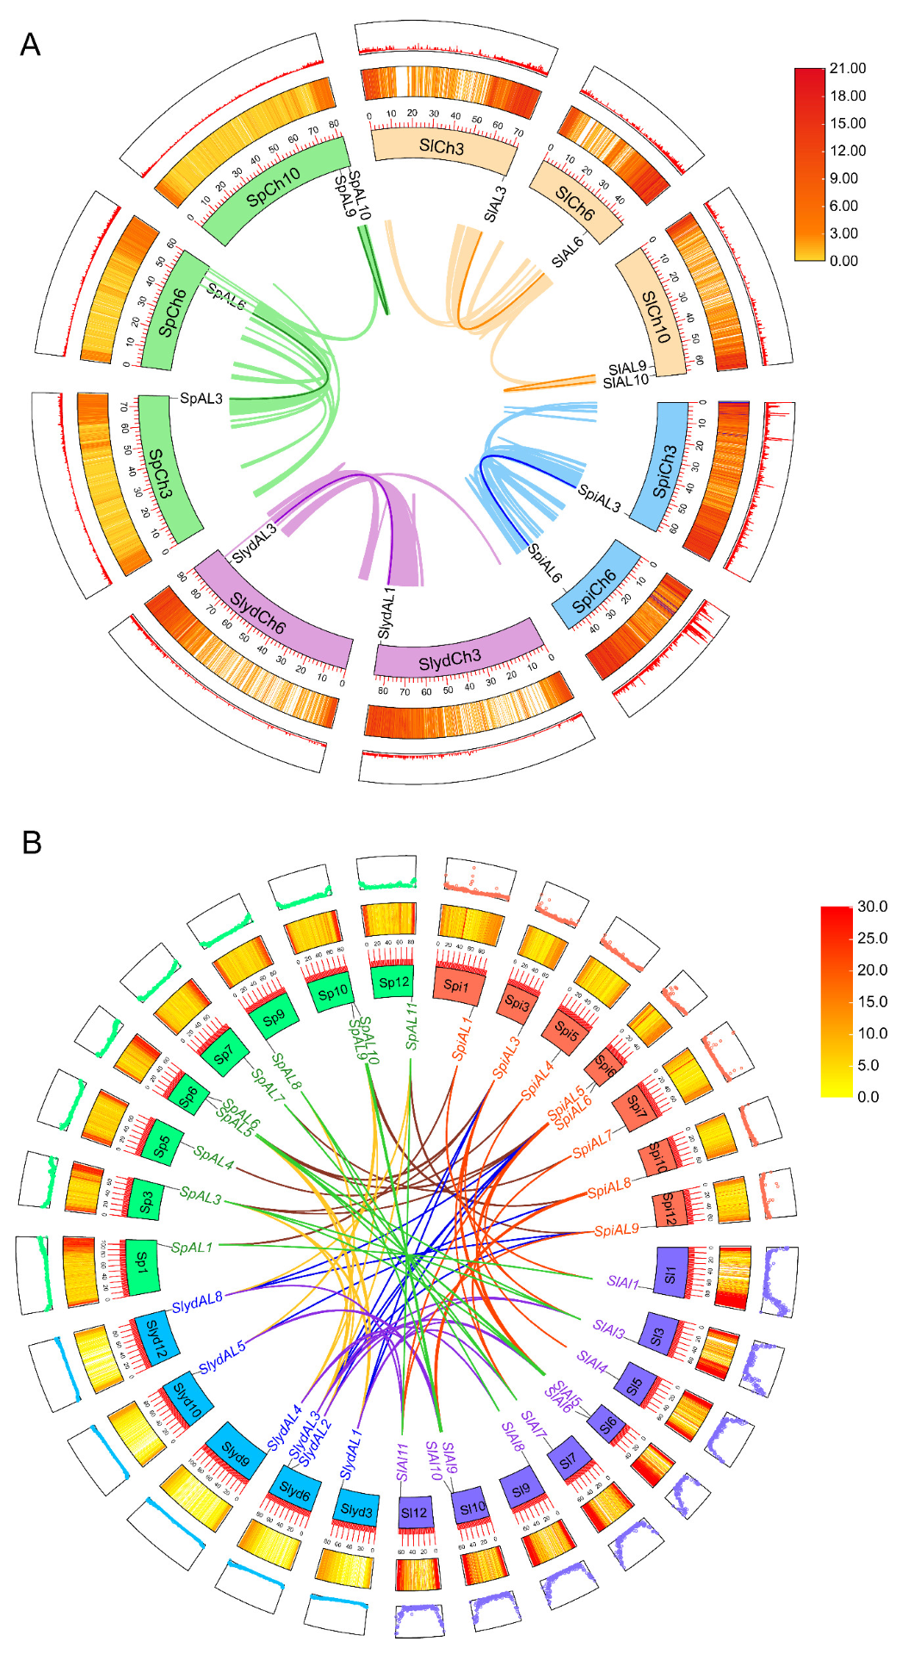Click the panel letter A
tap(30, 45)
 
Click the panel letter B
tap(31, 842)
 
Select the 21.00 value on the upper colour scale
tap(847, 69)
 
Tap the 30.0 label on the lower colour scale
tap(872, 907)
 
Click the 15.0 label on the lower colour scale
tap(872, 1001)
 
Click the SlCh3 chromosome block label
tap(442, 147)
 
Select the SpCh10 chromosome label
tap(274, 187)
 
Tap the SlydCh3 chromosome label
tap(450, 660)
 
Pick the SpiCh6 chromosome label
tap(594, 591)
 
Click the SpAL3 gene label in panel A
tap(201, 399)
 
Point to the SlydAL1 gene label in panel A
tap(386, 613)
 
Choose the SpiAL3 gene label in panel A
tap(600, 498)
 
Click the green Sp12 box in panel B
tap(394, 982)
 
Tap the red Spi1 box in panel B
tap(456, 986)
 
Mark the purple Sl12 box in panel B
tap(414, 1513)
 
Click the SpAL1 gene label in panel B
tap(191, 1247)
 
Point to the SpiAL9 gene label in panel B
tap(616, 1230)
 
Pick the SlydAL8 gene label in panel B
tap(197, 1304)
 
